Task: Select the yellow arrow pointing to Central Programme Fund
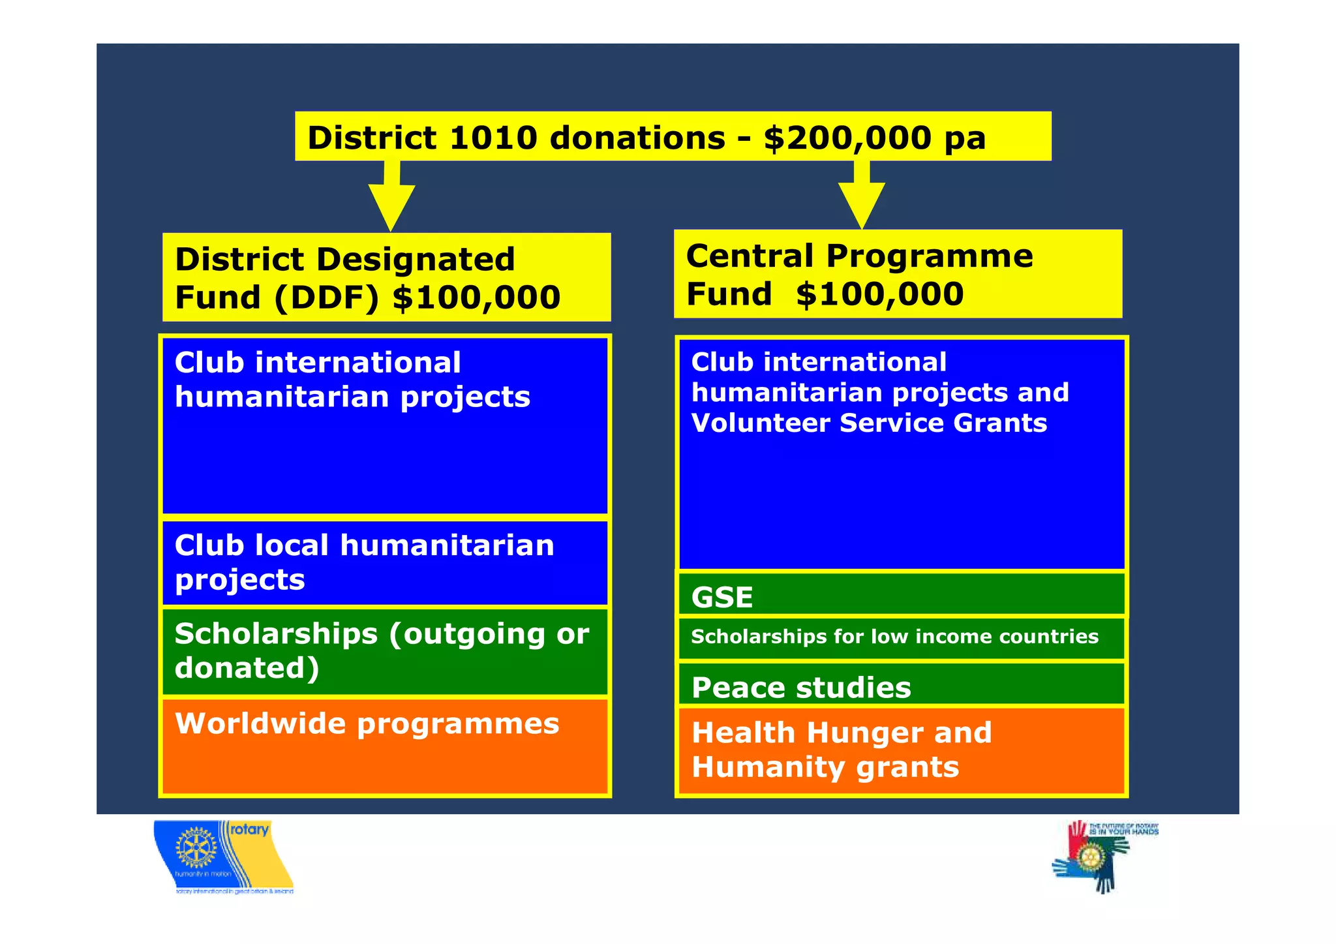(x=862, y=196)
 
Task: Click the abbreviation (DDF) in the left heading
(x=326, y=297)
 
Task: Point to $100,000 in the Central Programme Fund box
(x=879, y=294)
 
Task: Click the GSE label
(x=722, y=597)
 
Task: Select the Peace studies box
(x=902, y=685)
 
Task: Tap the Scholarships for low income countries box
(x=902, y=637)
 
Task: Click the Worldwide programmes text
(x=367, y=723)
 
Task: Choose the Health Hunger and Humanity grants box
(x=902, y=750)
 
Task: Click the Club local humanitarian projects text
(x=364, y=562)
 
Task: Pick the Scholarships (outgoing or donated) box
(x=385, y=651)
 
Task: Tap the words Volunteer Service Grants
(x=869, y=423)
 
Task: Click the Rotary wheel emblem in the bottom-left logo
(x=196, y=848)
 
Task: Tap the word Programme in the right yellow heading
(x=929, y=256)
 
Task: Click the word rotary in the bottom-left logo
(x=249, y=830)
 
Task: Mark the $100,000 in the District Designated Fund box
(x=476, y=297)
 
